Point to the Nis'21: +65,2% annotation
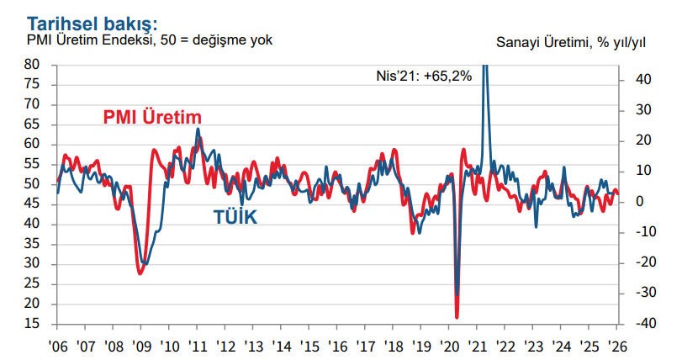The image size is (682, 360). point(423,75)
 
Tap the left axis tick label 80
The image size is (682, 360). point(33,64)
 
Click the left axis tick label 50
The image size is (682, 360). point(33,184)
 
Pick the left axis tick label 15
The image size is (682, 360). point(33,324)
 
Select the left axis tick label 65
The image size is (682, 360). point(33,124)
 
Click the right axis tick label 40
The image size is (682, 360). point(641,80)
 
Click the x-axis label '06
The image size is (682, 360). point(57,346)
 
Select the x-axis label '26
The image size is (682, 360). point(617,346)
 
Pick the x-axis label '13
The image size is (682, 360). point(253,346)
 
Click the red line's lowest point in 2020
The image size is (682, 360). point(457,317)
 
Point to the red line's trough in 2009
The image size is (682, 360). point(140,273)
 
